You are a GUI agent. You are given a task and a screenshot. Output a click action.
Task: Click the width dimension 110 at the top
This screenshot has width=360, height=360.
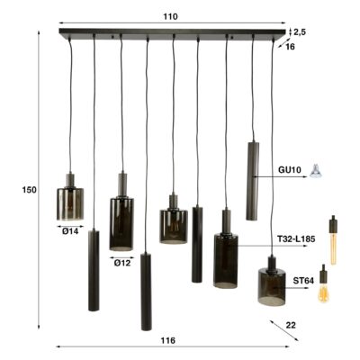tap(171, 16)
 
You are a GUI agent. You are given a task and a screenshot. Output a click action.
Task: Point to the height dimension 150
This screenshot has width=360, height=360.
tap(29, 189)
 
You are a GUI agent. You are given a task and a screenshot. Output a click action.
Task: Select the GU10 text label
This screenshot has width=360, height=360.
tap(289, 168)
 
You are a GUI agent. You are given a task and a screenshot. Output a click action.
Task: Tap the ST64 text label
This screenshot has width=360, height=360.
tap(302, 280)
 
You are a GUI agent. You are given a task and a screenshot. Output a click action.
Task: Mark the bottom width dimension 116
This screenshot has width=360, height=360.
tap(166, 341)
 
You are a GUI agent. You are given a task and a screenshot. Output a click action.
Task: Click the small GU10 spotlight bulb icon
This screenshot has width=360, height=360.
tap(316, 168)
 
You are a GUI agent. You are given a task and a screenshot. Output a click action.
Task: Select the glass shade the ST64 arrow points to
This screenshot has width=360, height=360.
tap(271, 284)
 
